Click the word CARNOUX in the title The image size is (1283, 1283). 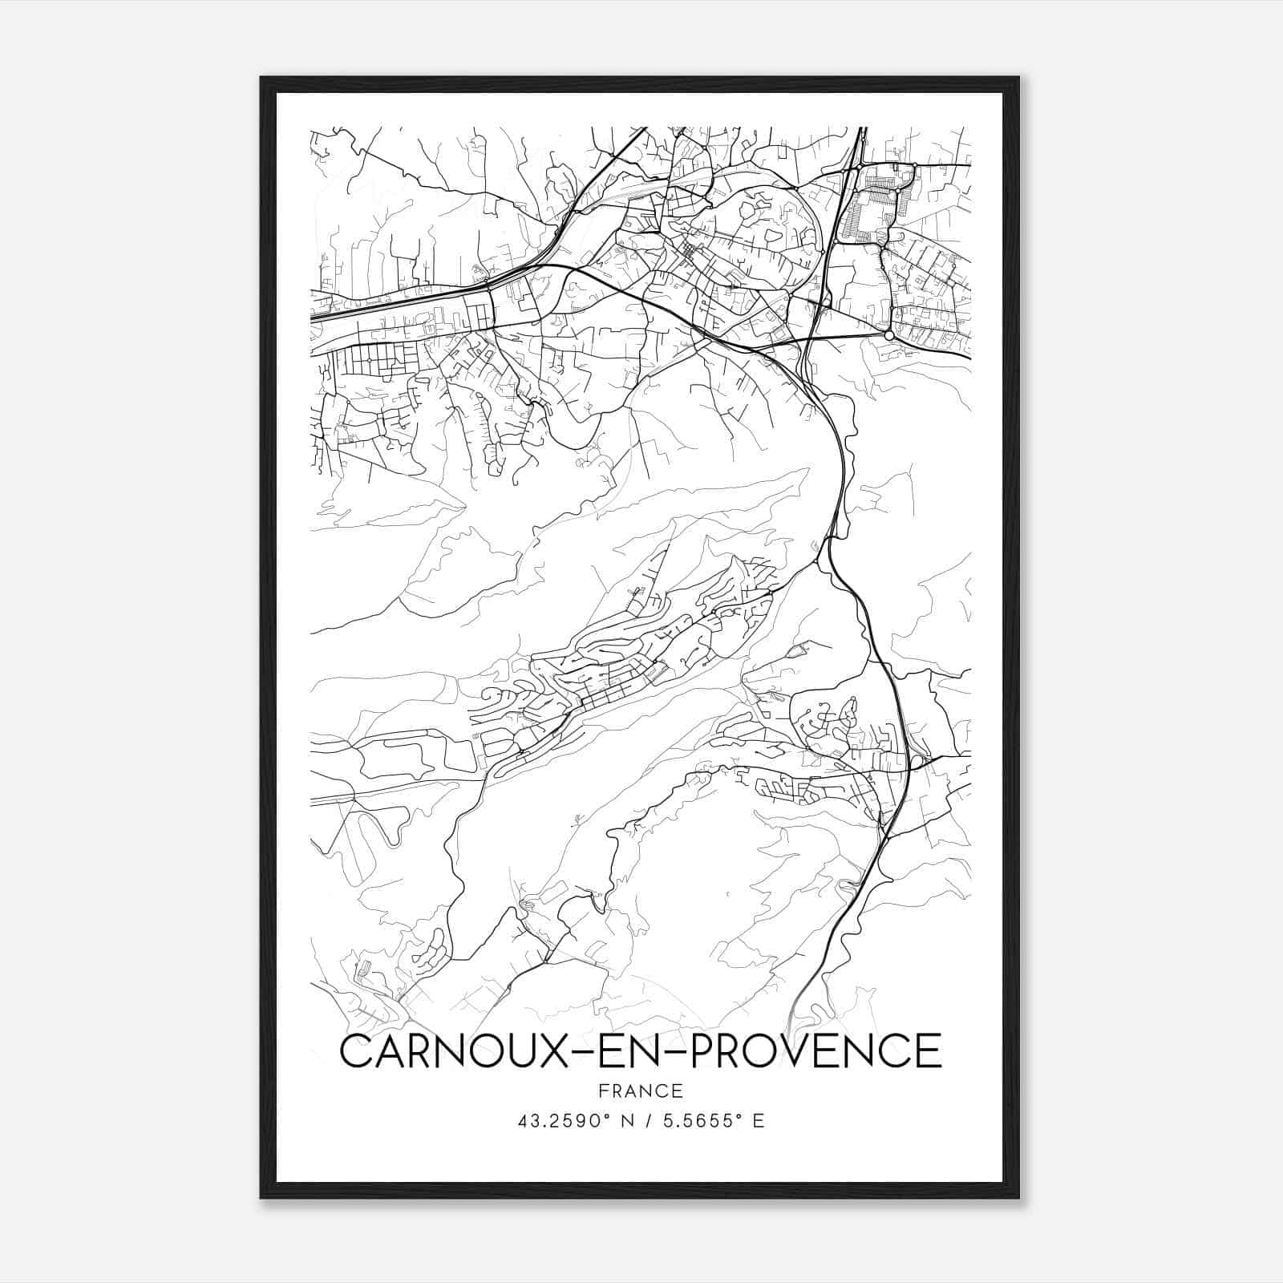point(450,1050)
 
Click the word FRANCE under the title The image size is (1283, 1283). point(641,1091)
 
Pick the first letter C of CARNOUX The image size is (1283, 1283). point(354,1050)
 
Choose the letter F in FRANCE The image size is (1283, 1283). point(602,1091)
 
